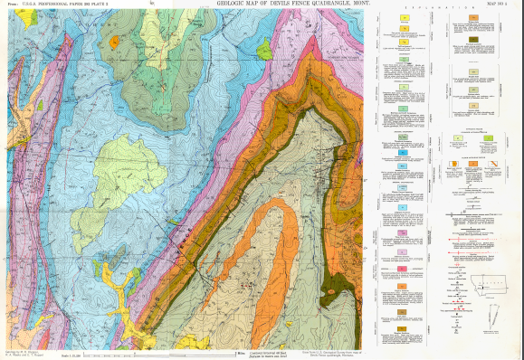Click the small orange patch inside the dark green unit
coord(114,41)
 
